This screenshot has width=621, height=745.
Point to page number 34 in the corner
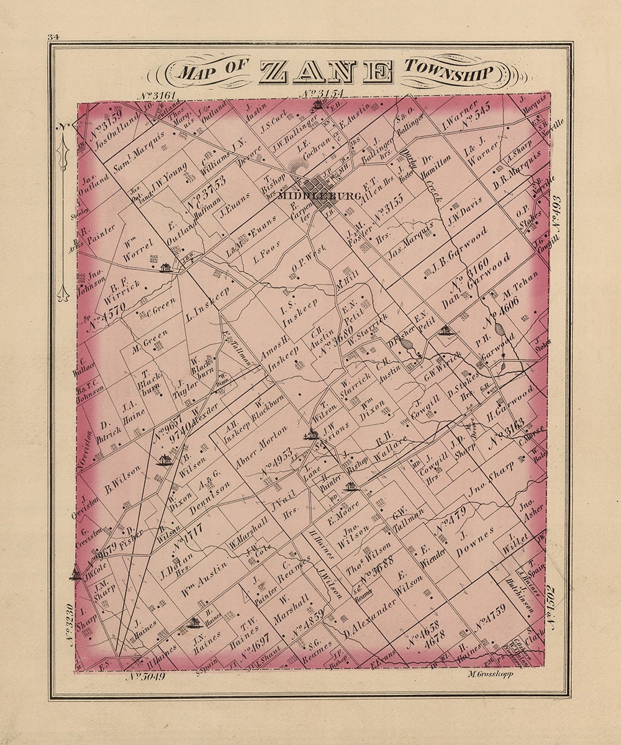52,38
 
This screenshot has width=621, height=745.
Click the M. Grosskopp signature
488,674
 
